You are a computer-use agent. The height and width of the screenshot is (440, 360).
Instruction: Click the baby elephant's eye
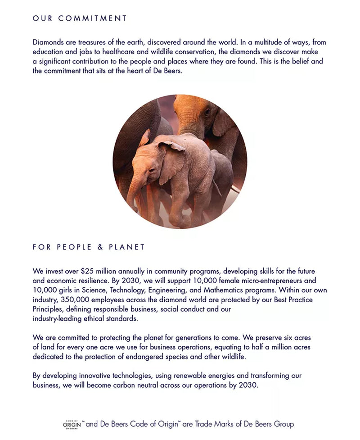click(x=152, y=170)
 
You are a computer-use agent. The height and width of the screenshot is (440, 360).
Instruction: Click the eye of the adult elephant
click(x=207, y=111)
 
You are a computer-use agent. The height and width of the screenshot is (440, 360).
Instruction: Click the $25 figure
click(x=88, y=271)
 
